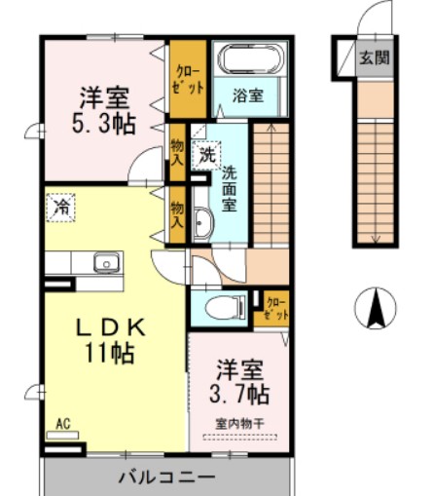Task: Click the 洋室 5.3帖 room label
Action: [106, 110]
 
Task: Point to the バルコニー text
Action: [166, 478]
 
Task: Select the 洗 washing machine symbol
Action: [206, 153]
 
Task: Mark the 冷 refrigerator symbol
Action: [61, 207]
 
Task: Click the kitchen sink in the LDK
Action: [105, 262]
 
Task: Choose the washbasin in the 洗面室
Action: [203, 223]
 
